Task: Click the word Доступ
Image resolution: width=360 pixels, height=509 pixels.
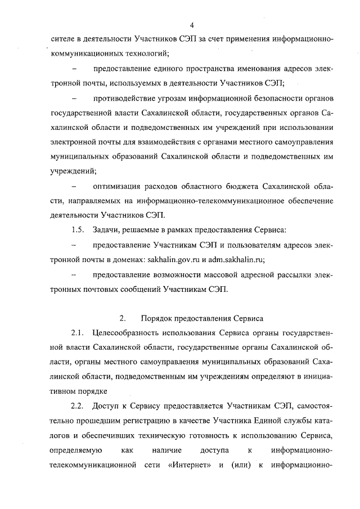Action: (106, 406)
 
